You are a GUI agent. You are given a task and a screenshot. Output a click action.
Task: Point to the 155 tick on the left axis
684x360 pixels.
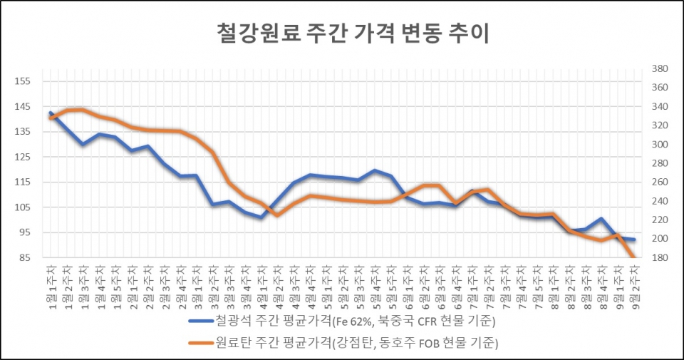click(23, 81)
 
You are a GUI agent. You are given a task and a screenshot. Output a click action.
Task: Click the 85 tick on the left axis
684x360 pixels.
click(25, 257)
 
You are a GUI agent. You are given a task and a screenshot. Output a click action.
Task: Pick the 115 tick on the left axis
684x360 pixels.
click(23, 182)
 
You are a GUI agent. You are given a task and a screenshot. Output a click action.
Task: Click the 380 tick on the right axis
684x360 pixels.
click(658, 69)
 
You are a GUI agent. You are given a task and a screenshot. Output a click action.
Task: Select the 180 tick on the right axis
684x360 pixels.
click(658, 257)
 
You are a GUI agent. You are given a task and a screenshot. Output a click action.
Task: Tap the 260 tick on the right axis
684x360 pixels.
click(658, 182)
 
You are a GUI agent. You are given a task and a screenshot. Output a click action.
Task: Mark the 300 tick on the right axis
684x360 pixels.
click(658, 144)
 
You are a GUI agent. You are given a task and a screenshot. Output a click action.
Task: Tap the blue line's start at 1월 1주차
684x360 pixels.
click(51, 113)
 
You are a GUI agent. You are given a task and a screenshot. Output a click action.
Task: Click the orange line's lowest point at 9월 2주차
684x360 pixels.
click(633, 256)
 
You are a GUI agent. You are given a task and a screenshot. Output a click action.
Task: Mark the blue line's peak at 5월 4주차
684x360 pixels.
click(375, 170)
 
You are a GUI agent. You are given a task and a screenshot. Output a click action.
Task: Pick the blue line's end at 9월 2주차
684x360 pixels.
click(633, 240)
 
